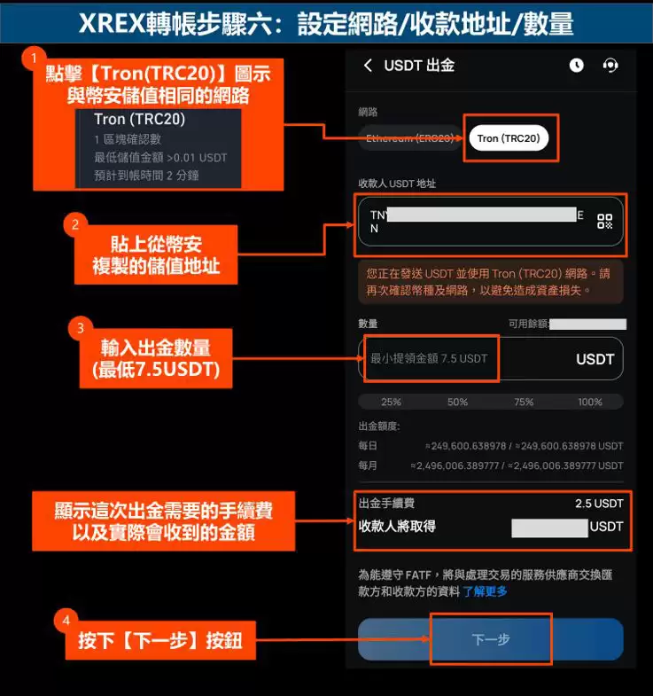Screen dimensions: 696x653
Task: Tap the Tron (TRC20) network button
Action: (x=509, y=138)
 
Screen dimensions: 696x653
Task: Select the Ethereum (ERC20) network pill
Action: (x=409, y=138)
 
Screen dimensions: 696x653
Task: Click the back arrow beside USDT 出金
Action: (x=368, y=65)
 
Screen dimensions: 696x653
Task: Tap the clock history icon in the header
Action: (x=577, y=65)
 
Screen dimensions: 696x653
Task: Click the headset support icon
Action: (x=610, y=65)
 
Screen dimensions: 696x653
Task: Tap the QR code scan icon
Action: (x=604, y=222)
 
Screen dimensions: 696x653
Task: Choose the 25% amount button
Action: (x=391, y=402)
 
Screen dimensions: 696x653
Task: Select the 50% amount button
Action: (x=457, y=402)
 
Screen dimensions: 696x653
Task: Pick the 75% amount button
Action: (x=524, y=402)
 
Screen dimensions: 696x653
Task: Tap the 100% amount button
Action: (x=590, y=402)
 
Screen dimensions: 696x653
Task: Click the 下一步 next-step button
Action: (x=490, y=639)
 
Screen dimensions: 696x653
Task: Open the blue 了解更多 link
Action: (x=485, y=590)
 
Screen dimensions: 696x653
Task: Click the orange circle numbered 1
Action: (x=35, y=58)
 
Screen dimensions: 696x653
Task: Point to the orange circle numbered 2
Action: (x=76, y=225)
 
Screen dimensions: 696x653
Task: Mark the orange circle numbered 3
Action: (x=81, y=328)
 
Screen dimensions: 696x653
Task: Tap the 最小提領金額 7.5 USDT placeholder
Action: (x=429, y=359)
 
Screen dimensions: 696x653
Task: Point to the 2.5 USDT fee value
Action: (x=599, y=504)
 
